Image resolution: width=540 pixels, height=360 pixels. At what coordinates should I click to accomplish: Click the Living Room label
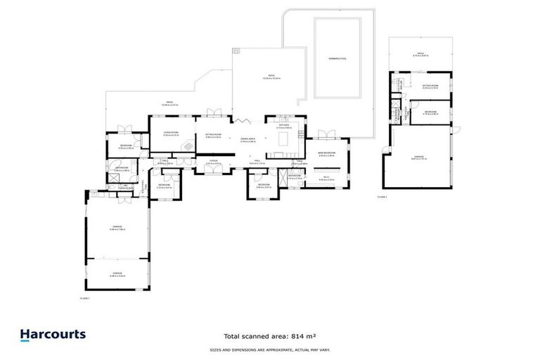click(x=171, y=131)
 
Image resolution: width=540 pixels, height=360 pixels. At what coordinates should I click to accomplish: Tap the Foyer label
click(x=213, y=161)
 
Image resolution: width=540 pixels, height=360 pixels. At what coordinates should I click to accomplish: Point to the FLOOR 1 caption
click(x=86, y=298)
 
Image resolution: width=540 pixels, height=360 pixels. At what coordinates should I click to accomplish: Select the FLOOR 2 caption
click(x=382, y=198)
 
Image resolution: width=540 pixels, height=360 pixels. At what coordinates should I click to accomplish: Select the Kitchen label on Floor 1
click(x=284, y=125)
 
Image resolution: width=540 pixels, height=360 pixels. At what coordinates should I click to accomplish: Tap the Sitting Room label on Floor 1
click(x=214, y=134)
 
